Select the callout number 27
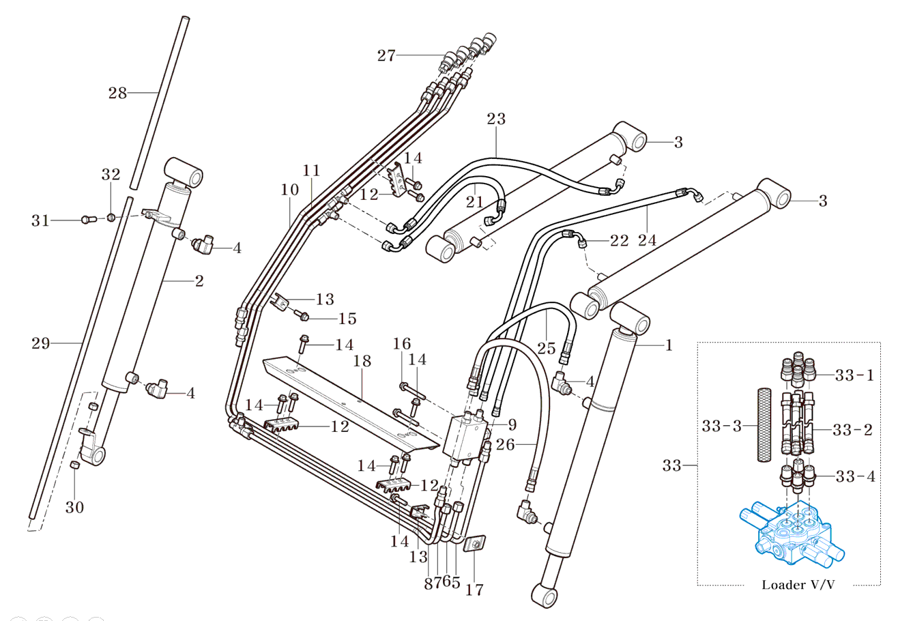[386, 56]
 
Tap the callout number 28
[118, 93]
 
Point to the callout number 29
[41, 343]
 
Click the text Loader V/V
[798, 585]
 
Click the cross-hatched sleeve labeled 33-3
[763, 425]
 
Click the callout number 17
[474, 589]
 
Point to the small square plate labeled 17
[473, 544]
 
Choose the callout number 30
[75, 507]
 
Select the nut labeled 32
[109, 218]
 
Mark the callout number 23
[496, 119]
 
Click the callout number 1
[669, 345]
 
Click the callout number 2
[199, 280]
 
